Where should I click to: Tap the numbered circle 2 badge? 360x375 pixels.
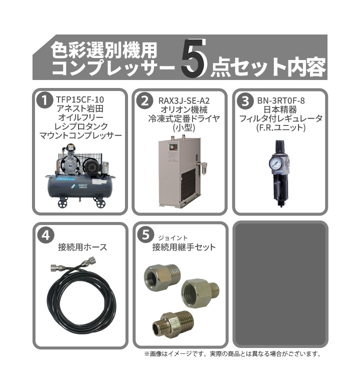pos(144,101)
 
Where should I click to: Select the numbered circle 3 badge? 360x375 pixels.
pos(245,101)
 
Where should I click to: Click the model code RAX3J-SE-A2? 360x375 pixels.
pos(181,100)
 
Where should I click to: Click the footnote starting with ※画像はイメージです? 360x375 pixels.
pos(232,354)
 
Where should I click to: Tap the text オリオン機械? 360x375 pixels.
pos(181,109)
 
